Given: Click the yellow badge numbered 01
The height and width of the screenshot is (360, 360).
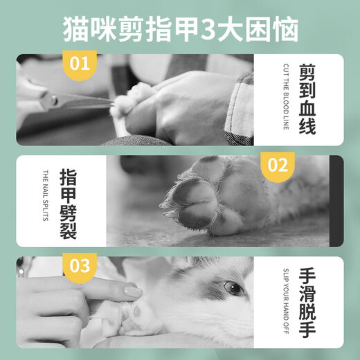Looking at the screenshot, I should pos(80,64).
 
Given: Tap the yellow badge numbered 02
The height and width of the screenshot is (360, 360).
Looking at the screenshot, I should pos(278,166).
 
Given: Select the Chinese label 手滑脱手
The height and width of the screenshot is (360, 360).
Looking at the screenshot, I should pos(308,302).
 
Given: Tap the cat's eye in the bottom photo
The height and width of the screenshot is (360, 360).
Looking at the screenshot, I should pos(233,287).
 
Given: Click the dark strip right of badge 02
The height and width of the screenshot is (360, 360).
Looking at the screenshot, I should pos(336,200).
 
